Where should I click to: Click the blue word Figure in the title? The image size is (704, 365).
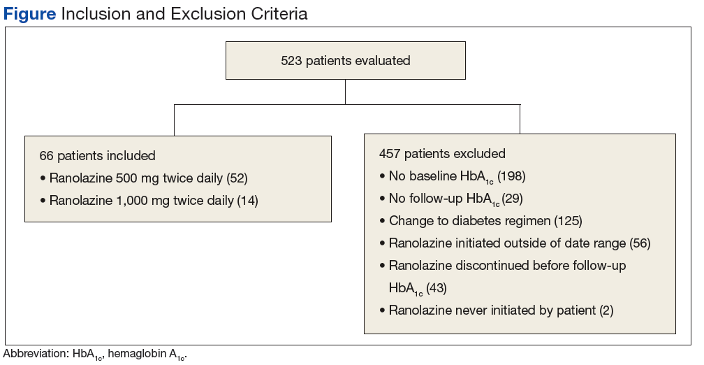click(x=29, y=14)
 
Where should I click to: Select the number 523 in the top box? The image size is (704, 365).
click(x=291, y=61)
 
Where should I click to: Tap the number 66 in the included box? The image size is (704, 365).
click(x=47, y=156)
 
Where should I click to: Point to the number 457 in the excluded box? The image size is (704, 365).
click(x=390, y=154)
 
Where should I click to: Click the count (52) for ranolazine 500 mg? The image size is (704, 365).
click(x=237, y=178)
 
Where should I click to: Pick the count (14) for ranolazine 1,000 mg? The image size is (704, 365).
click(x=247, y=201)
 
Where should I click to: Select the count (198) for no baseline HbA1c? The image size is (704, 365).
click(x=511, y=176)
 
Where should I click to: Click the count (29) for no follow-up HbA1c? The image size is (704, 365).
click(x=513, y=199)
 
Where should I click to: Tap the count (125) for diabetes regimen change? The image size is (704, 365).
click(x=568, y=221)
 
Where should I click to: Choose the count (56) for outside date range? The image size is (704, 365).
click(x=640, y=243)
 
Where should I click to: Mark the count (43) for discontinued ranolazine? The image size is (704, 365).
click(x=437, y=288)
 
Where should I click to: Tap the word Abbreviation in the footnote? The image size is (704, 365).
click(x=36, y=354)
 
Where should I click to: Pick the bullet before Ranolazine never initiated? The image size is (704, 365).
click(x=383, y=310)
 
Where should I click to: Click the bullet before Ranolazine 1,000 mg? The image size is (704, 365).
click(x=43, y=201)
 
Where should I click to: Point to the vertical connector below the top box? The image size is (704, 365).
click(x=345, y=92)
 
